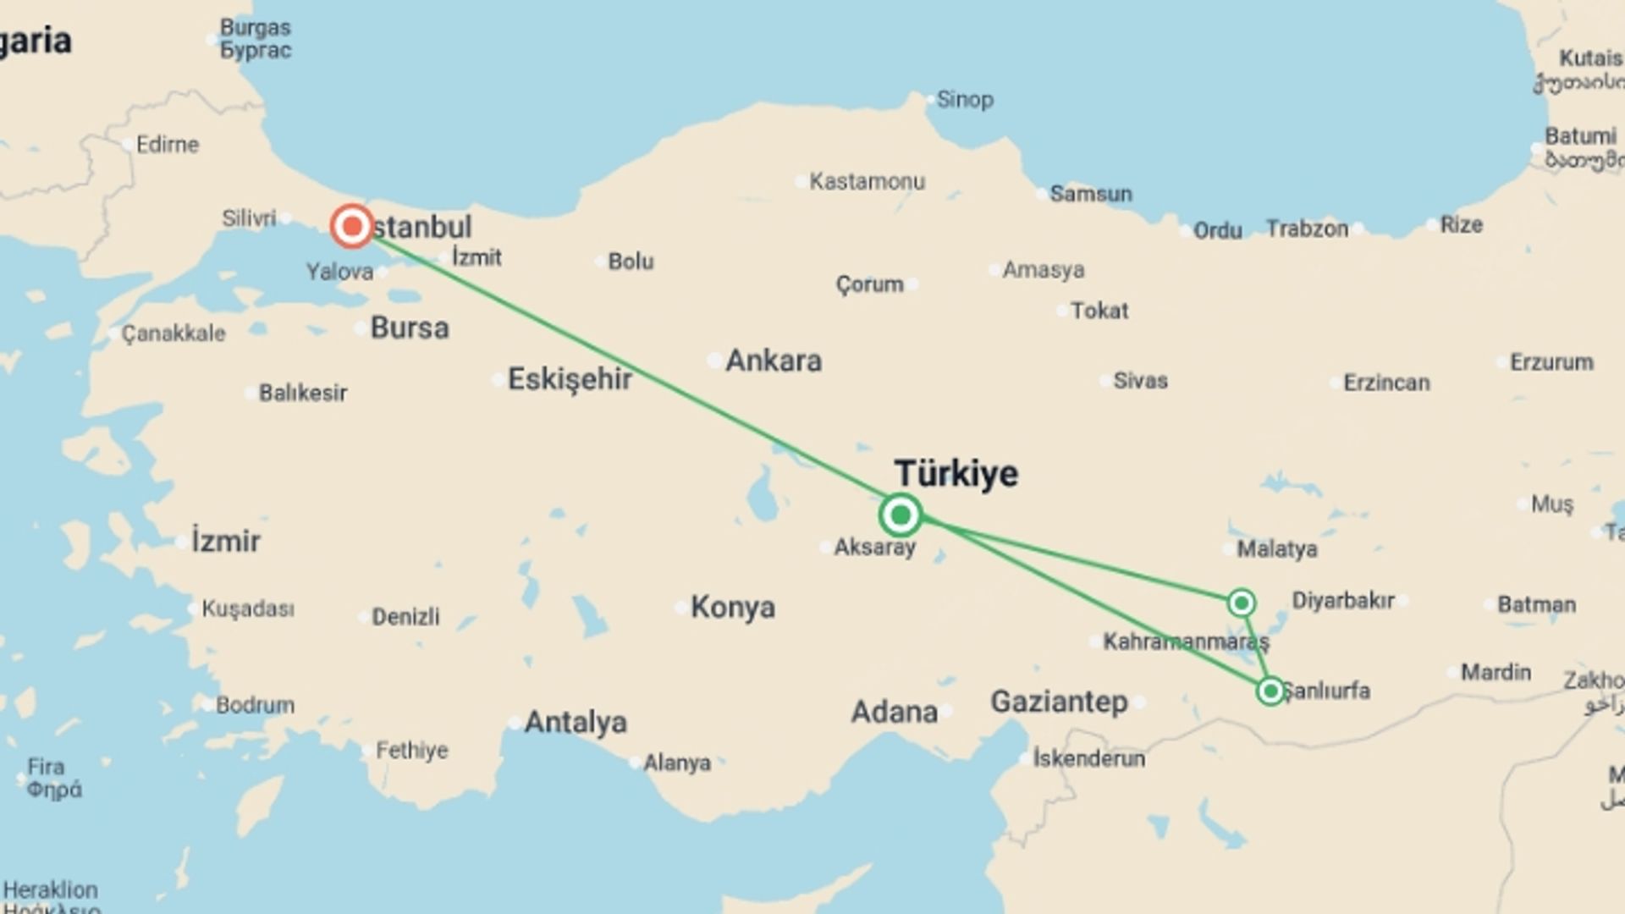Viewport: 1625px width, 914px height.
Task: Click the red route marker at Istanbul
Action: coord(351,227)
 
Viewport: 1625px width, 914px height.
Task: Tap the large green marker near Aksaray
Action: coord(900,515)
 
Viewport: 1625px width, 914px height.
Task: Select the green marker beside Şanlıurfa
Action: coord(1270,691)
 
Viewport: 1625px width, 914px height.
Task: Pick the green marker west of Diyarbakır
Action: coord(1241,603)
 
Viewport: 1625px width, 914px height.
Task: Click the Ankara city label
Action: coord(774,361)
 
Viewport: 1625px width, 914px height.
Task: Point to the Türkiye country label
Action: coord(956,474)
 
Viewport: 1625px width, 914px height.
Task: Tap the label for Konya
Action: coord(732,608)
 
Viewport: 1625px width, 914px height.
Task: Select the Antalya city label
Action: coord(576,723)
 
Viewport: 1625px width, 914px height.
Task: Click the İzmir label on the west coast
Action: coord(225,542)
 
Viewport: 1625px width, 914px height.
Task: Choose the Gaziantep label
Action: coord(1059,702)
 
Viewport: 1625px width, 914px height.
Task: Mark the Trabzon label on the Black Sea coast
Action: coord(1307,229)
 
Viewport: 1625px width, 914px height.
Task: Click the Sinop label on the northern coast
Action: coord(965,100)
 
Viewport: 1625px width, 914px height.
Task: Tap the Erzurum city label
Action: coord(1551,363)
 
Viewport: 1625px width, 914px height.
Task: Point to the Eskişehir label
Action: coord(570,380)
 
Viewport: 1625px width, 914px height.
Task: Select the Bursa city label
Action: coord(410,328)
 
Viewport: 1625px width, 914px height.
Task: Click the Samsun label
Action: coord(1090,195)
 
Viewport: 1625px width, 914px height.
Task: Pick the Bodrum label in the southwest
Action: coord(255,705)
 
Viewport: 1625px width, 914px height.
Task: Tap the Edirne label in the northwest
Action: coord(168,145)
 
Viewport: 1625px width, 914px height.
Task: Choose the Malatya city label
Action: coord(1277,550)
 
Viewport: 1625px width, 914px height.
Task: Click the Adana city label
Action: coord(894,713)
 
